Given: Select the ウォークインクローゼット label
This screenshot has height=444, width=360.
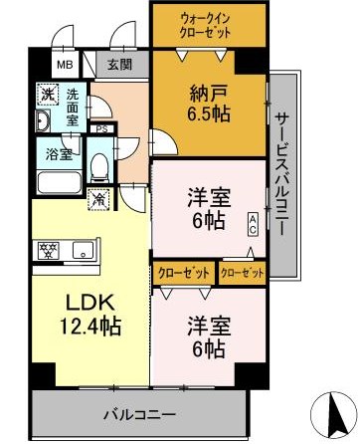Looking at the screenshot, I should (x=209, y=25).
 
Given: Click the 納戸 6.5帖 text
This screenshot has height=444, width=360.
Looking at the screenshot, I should (x=210, y=104).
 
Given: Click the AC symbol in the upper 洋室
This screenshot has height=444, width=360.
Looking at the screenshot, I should (x=254, y=224).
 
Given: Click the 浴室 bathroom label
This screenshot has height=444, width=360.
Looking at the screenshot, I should (x=57, y=154).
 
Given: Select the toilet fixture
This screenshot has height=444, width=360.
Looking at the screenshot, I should (x=100, y=164).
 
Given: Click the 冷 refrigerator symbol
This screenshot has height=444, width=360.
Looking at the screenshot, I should (x=99, y=198).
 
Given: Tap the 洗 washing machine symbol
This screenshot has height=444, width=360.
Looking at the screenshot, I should (x=48, y=95).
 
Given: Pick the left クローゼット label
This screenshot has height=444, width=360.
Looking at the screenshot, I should (x=180, y=271).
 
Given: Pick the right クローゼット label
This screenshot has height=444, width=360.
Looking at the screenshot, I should (x=242, y=271).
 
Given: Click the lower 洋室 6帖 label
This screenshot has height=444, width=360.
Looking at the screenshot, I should (x=208, y=336).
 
